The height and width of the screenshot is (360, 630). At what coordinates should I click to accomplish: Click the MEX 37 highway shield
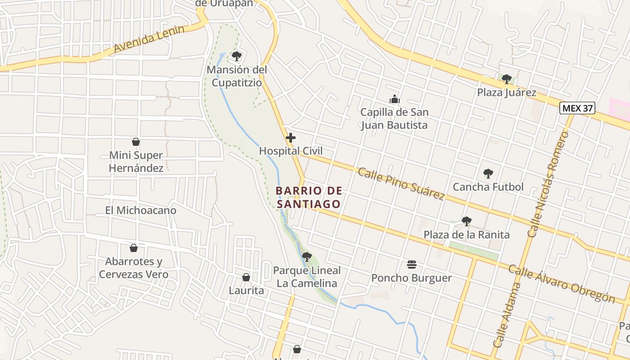pos(577,108)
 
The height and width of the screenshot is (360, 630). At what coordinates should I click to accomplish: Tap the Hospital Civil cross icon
pos(291,138)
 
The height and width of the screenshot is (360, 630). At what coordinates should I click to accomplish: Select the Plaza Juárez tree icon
pos(507,79)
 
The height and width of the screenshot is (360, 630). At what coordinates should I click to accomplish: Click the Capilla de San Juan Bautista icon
pos(395,99)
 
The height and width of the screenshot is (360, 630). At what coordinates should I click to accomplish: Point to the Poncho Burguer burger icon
pos(412,265)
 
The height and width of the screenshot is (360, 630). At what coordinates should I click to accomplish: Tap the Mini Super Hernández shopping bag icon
pos(136,142)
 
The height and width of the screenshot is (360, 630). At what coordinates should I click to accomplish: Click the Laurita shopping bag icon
pos(246,277)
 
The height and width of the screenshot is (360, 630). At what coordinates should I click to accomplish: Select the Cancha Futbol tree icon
pos(488,174)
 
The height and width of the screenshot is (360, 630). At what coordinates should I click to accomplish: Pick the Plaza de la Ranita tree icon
pos(467,221)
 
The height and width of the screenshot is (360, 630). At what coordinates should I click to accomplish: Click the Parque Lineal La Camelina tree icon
pos(307,257)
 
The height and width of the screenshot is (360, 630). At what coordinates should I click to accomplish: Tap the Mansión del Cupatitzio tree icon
pos(237,56)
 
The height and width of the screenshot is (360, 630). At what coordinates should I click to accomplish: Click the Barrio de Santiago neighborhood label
pos(309,198)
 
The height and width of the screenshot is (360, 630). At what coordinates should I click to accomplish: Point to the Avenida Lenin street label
pos(149,39)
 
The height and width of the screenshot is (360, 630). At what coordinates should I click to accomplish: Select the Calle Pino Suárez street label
pos(401,183)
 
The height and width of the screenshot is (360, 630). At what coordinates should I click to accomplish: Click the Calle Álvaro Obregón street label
pos(561,284)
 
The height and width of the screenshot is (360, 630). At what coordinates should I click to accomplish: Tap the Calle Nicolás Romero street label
pos(549,184)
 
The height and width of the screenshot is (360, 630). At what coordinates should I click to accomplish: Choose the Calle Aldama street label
pos(507,315)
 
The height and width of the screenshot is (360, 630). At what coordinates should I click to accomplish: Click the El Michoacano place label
pos(141,210)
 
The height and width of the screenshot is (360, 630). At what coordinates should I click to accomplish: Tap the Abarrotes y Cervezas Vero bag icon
pos(134,248)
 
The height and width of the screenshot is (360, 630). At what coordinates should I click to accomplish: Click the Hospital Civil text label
pos(291,151)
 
